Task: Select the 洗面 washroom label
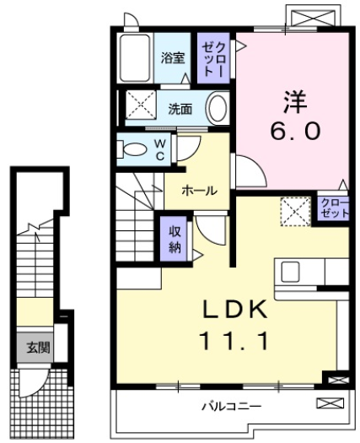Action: [x=179, y=109]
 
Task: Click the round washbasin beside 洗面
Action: [x=217, y=108]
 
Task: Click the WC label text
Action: [x=159, y=149]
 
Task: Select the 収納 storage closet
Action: [x=174, y=239]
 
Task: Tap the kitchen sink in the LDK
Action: [x=291, y=273]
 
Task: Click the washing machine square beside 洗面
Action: [x=137, y=108]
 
